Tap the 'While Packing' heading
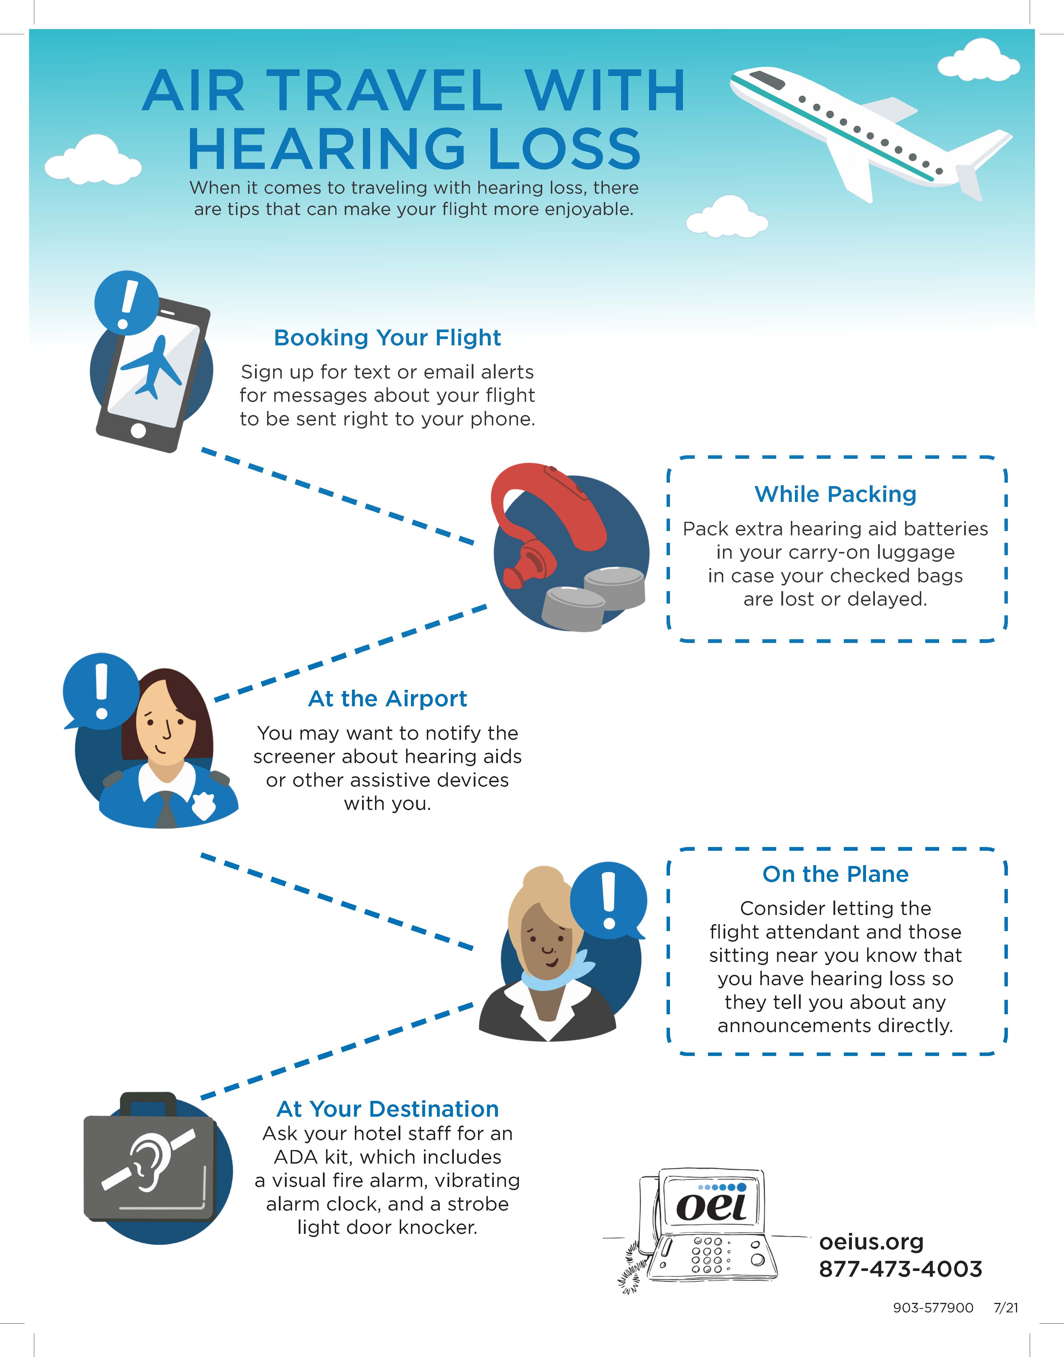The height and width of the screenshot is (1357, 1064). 835,494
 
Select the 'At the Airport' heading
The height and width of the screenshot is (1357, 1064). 387,699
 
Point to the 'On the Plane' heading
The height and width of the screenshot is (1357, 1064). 835,874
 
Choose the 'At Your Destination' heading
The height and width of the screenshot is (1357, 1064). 387,1109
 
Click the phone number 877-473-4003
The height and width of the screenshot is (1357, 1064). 900,1269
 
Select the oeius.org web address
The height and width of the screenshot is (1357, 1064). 871,1242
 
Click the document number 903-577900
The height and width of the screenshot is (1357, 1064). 932,1308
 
